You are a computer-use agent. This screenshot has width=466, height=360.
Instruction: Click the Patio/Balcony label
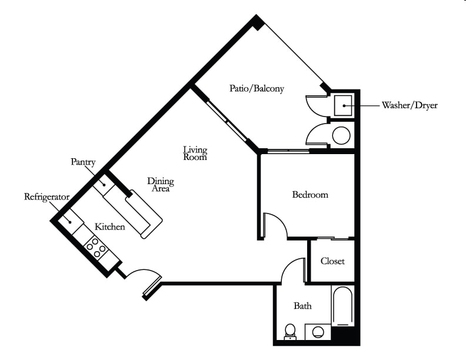click(257, 88)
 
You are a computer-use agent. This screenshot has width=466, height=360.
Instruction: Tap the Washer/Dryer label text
click(410, 105)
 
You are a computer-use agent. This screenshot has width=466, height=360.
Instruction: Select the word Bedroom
click(310, 195)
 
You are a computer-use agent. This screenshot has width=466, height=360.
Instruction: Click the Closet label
click(332, 261)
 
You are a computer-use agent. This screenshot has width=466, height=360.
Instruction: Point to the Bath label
click(303, 306)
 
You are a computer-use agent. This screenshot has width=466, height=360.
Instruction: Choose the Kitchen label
click(110, 227)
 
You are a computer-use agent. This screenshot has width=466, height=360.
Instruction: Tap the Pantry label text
click(83, 162)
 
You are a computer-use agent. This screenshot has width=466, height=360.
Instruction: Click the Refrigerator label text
click(46, 197)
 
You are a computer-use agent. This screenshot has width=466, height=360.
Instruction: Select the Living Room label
click(195, 154)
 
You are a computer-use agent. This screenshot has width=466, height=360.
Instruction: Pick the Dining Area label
click(161, 185)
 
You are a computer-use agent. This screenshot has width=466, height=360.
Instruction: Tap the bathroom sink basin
click(318, 332)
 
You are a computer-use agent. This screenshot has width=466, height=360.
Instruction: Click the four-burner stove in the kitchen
click(96, 248)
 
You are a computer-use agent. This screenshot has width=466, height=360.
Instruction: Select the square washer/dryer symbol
click(343, 105)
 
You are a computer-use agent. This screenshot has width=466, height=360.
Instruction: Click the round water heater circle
click(341, 135)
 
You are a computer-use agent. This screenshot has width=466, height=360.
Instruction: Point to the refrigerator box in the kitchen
click(71, 222)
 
